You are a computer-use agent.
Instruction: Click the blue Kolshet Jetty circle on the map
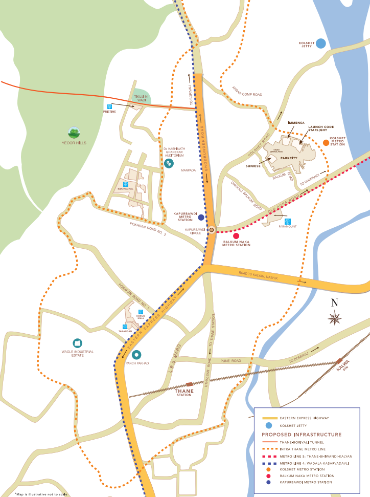coord(320,44)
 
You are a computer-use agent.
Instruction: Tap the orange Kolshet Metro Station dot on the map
coord(326,143)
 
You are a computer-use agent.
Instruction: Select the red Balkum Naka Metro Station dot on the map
coord(236,235)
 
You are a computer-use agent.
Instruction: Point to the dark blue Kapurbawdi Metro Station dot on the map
coord(201,218)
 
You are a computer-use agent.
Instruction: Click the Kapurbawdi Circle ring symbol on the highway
coord(212,230)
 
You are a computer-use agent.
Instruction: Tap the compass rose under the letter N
coord(335,318)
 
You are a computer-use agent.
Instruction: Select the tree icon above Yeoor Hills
coord(75,133)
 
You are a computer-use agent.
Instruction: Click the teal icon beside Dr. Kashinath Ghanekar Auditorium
coord(169,163)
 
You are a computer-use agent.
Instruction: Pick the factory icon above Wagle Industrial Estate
coord(77,343)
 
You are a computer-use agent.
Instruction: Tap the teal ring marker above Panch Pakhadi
coord(136,354)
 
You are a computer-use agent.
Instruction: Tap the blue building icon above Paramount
coord(288,221)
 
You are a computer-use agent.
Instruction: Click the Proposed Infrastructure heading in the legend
coord(291,434)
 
